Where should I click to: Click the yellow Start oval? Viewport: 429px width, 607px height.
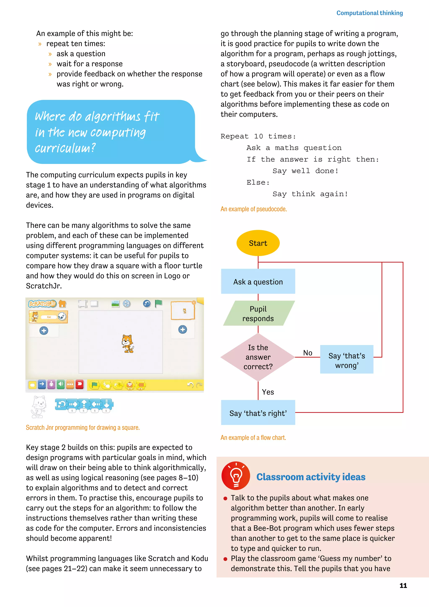coord(258,243)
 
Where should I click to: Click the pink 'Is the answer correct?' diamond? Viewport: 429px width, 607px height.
coord(258,357)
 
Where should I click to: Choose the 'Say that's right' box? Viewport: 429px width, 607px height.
coord(258,413)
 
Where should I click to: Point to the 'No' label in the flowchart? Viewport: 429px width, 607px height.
coord(308,353)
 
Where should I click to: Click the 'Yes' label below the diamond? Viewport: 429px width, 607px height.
coord(268,392)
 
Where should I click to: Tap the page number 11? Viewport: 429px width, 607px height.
coord(403,585)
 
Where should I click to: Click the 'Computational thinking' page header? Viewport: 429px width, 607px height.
coord(369,13)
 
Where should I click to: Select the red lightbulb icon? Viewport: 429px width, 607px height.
coord(236,476)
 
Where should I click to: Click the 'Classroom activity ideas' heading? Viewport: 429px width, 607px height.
coord(311,477)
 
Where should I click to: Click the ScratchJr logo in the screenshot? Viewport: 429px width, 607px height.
coord(42,304)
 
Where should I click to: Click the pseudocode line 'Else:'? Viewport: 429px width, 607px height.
coord(258,182)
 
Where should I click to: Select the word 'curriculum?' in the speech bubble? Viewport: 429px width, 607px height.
coord(65,148)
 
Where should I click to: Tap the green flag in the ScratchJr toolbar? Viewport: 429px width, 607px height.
coord(159,303)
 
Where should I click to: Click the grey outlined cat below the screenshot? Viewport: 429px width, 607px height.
coord(39,407)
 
